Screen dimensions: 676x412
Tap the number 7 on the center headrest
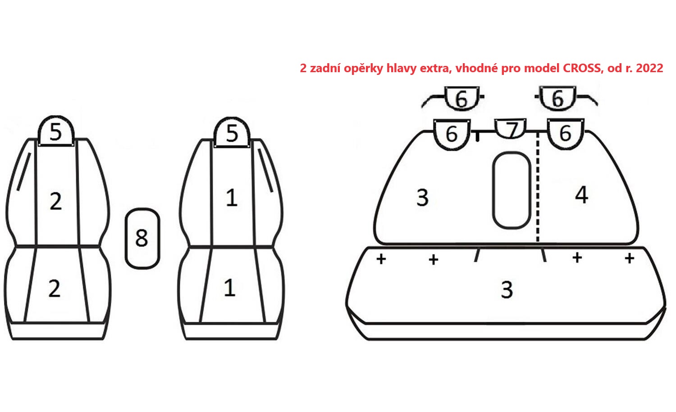512,130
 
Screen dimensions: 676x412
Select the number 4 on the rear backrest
581,195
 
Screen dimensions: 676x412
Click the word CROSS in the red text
582,68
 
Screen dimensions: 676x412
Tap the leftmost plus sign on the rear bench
381,259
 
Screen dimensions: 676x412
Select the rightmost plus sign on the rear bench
630,259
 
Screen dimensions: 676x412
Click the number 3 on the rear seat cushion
507,290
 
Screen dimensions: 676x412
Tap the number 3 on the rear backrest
423,198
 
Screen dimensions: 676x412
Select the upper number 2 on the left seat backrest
56,201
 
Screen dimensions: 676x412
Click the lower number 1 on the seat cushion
230,288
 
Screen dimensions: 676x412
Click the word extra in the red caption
436,68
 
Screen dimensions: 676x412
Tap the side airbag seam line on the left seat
24,171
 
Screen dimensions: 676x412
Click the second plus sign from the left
434,259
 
